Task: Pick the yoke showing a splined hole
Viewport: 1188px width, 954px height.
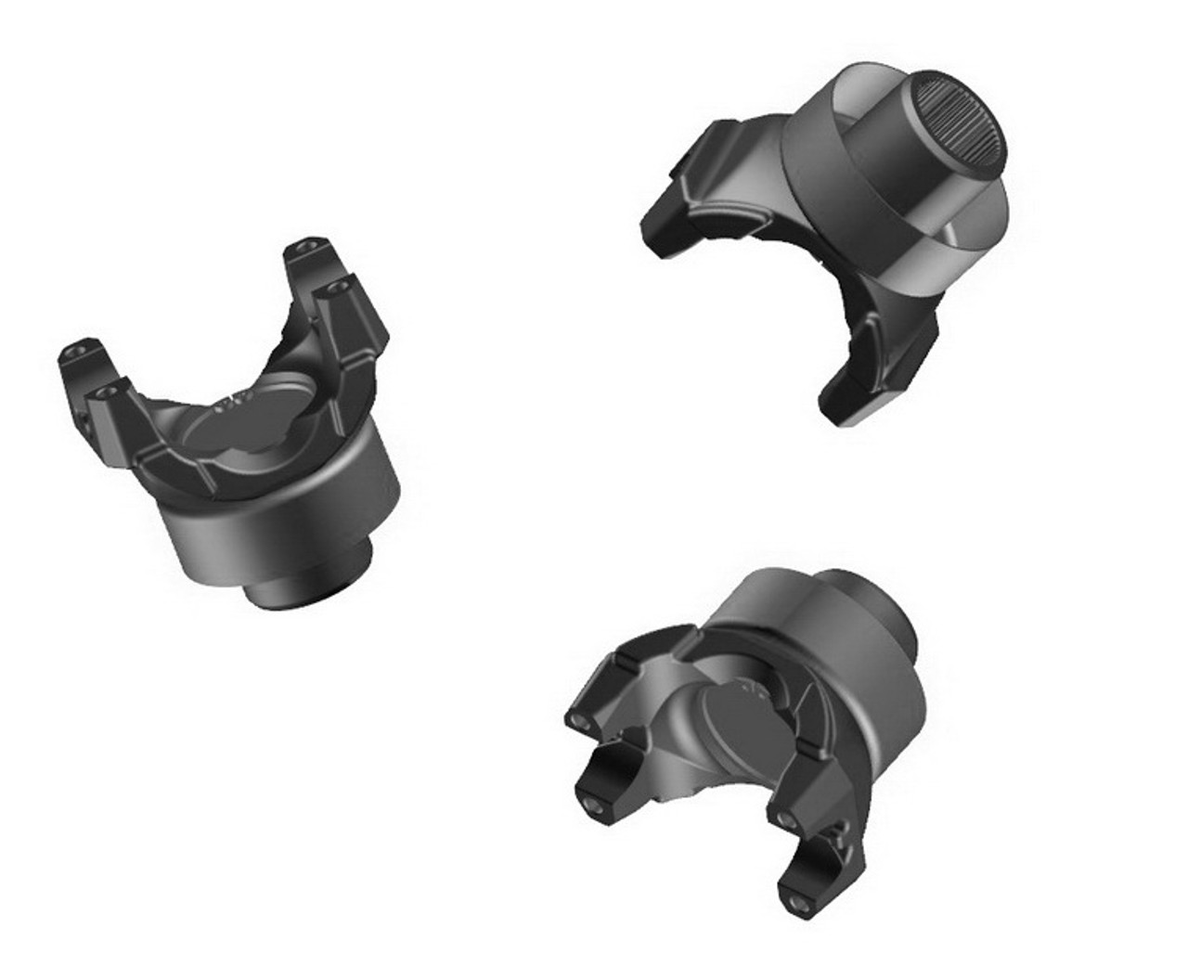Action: [x=835, y=232]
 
